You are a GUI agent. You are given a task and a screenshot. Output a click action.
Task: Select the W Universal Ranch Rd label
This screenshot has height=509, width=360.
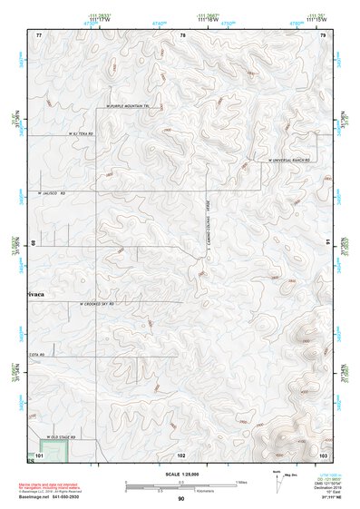point(288,160)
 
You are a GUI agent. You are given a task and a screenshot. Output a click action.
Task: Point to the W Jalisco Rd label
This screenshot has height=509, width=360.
point(53,192)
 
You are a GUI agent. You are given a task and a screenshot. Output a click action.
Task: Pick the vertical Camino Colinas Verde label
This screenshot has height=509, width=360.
point(207,240)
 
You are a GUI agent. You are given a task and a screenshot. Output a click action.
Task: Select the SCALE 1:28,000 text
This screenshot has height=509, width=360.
point(180,476)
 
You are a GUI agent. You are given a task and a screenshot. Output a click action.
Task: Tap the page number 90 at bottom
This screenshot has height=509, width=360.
point(180,499)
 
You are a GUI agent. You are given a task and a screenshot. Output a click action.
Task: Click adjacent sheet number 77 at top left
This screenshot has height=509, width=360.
point(38,34)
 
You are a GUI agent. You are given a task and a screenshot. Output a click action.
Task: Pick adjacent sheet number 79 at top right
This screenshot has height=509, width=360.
point(323,34)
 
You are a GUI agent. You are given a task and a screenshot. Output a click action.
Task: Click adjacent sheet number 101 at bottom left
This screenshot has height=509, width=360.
point(39,454)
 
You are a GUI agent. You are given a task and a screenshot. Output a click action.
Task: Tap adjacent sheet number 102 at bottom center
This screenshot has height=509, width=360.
point(182,454)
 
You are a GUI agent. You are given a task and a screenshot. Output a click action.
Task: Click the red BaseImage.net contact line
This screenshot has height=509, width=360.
point(65,496)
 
